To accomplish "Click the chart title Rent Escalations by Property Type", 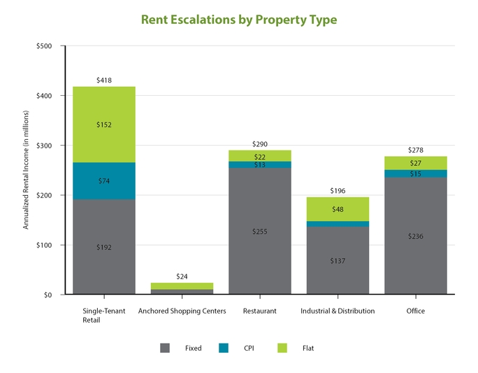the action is point(239,20).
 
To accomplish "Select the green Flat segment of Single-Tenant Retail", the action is point(104,125).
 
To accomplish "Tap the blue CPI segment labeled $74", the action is point(104,181).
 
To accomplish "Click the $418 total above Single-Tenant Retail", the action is point(104,80).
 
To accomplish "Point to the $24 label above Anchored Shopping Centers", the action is point(182,276).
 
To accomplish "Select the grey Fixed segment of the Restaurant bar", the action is point(260,231).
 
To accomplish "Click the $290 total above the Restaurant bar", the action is point(260,144).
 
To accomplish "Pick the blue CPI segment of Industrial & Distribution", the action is point(338,224).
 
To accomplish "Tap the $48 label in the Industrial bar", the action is point(338,209).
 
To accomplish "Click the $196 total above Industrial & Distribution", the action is point(338,191).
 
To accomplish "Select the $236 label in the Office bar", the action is point(416,237).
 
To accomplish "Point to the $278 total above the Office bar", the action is point(416,150).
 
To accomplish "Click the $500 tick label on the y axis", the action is point(44,46).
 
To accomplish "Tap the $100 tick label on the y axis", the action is point(44,245).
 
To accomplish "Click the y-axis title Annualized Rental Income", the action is point(26,170).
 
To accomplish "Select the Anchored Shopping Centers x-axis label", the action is point(182,311).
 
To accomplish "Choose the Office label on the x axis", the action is point(416,311).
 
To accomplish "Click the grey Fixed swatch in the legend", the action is point(165,348).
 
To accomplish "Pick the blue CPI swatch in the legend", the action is point(224,348).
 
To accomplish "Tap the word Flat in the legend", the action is point(308,349).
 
